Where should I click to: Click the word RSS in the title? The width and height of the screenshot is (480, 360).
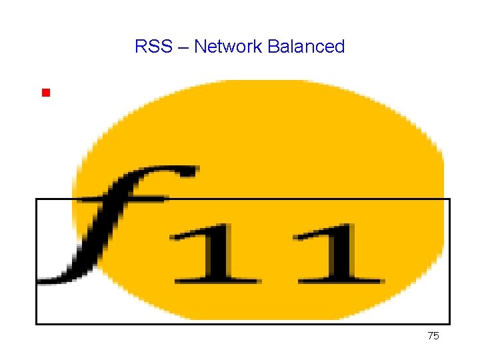[151, 47]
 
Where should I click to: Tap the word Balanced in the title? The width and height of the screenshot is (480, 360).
[306, 47]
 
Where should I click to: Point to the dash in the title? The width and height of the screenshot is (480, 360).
[181, 47]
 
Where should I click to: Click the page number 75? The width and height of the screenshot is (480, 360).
[433, 337]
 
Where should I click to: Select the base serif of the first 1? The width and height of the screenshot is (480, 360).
[217, 279]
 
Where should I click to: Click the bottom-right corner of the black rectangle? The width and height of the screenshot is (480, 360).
[450, 324]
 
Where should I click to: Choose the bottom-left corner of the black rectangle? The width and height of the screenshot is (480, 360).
[37, 324]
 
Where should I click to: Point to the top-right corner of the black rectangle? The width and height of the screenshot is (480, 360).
[450, 199]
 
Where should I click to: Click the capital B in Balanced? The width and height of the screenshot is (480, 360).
[272, 47]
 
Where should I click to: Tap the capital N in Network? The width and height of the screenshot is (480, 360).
[199, 47]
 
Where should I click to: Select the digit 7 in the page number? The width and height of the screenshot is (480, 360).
[431, 337]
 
